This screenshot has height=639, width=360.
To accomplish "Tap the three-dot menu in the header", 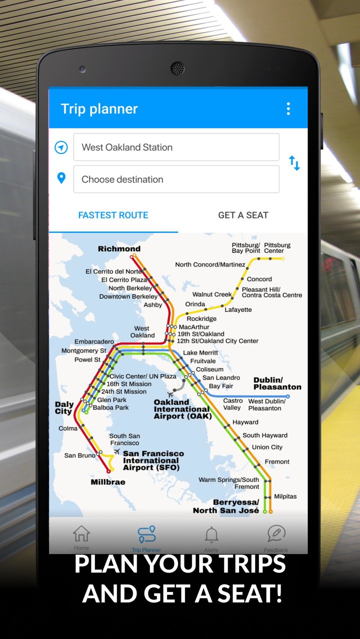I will [x=288, y=109].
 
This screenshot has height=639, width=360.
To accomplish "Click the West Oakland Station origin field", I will [x=176, y=147].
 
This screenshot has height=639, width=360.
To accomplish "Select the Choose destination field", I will [x=176, y=179].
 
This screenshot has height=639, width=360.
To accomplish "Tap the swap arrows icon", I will [x=294, y=163].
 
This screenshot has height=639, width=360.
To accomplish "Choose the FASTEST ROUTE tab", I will [x=113, y=215].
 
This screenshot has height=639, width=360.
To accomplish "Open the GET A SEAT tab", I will [x=243, y=215].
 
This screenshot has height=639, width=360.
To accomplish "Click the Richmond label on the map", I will [x=119, y=249].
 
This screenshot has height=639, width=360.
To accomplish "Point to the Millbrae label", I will [x=108, y=482].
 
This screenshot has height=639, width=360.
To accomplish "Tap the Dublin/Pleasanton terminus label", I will [x=277, y=383].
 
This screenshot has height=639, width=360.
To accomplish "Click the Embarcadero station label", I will [x=94, y=342].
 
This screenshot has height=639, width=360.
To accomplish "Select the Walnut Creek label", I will [x=212, y=294].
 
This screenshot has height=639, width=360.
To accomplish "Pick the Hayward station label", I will [x=245, y=422].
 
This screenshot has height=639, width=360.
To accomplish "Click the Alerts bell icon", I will [x=211, y=535].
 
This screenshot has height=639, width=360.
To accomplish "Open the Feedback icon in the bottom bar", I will [x=276, y=534].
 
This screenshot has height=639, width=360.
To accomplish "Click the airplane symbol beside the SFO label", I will [x=116, y=452].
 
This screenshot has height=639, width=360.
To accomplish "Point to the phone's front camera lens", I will [x=177, y=68].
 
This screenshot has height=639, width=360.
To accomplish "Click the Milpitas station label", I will [x=285, y=496].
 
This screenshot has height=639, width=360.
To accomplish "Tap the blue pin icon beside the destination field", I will [x=61, y=178].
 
